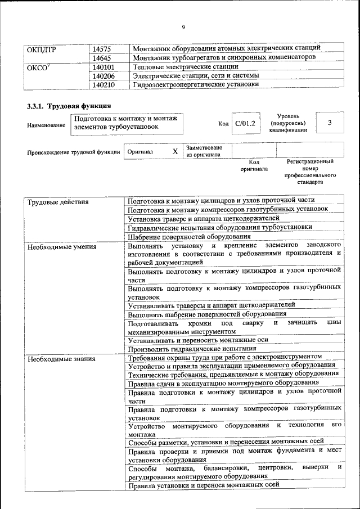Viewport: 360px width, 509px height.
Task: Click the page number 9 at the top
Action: pyautogui.click(x=183, y=27)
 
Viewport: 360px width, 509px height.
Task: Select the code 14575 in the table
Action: pyautogui.click(x=102, y=49)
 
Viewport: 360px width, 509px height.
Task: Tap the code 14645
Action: pyautogui.click(x=102, y=58)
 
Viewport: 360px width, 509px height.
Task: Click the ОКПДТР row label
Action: pyautogui.click(x=42, y=49)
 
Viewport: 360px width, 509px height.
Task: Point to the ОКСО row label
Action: pyautogui.click(x=40, y=67)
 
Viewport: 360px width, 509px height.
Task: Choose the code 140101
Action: pyautogui.click(x=104, y=67)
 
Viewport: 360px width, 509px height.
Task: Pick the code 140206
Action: pyautogui.click(x=104, y=76)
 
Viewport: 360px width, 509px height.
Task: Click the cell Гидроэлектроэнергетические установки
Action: pyautogui.click(x=196, y=85)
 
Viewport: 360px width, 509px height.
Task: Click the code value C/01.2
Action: pyautogui.click(x=245, y=123)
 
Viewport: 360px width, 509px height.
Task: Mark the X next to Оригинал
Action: pyautogui.click(x=175, y=151)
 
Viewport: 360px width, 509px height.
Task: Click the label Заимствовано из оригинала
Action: pyautogui.click(x=204, y=151)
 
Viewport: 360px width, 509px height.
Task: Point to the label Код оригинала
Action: pyautogui.click(x=254, y=165)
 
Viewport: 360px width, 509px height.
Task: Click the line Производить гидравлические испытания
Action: pyautogui.click(x=188, y=349)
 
